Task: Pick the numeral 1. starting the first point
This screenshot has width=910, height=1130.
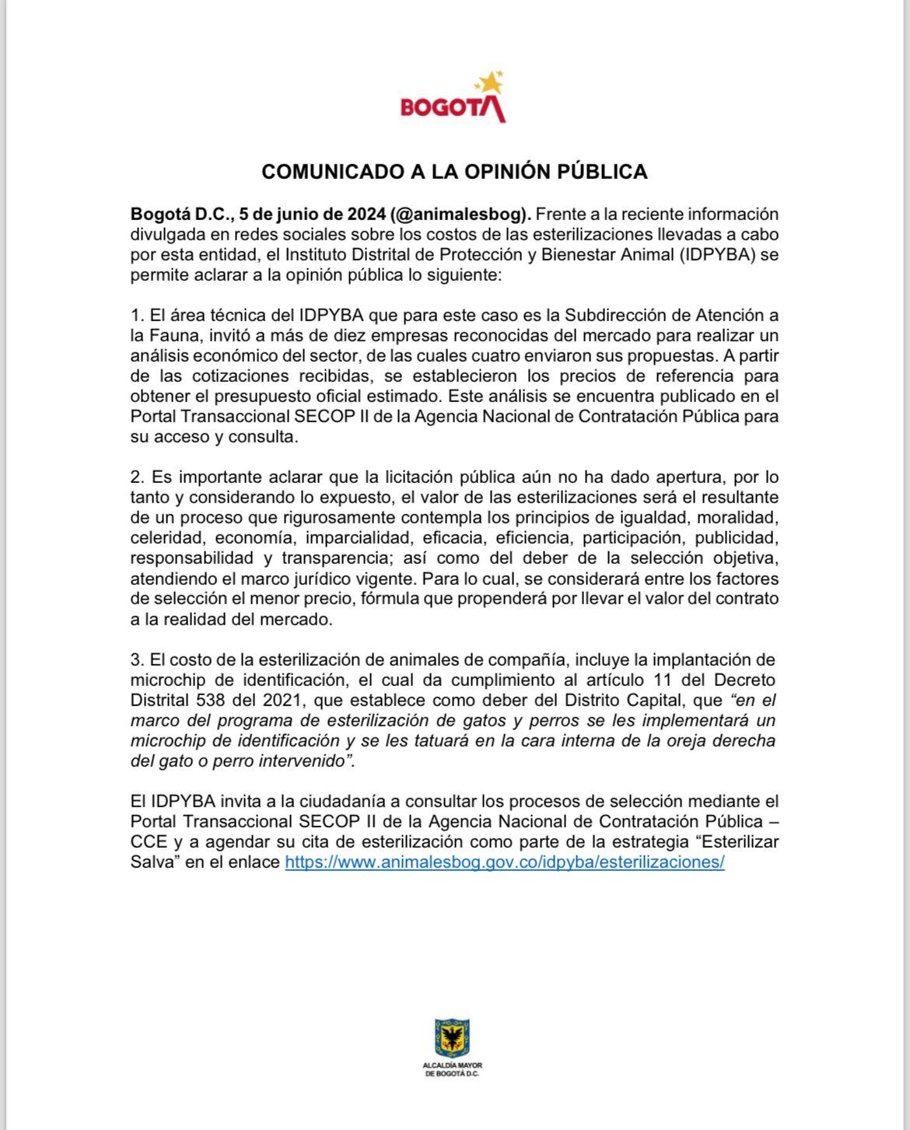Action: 138,316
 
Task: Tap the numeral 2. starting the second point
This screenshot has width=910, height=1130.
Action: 138,477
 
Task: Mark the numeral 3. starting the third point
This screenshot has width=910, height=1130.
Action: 138,660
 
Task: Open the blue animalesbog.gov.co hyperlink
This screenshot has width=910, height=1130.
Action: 505,862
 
